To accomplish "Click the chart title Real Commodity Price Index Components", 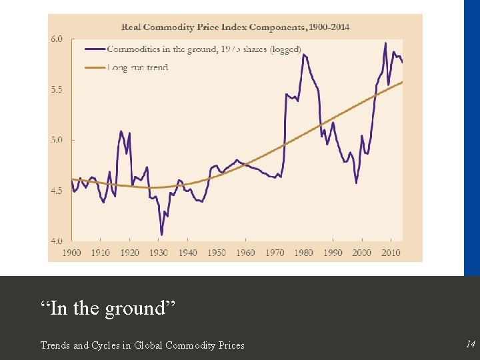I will click(x=235, y=27).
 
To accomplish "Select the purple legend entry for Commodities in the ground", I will click(x=194, y=49).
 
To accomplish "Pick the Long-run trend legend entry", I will click(x=127, y=67).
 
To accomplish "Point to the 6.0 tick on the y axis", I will click(x=57, y=39).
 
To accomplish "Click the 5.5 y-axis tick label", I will click(x=57, y=89).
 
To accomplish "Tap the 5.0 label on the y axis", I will click(x=57, y=140).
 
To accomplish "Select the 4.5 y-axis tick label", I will click(x=57, y=191).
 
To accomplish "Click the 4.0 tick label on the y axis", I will click(x=57, y=241).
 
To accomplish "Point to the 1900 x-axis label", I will click(x=71, y=253).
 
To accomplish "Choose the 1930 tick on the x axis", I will click(x=159, y=253).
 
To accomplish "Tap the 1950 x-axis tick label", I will click(x=217, y=253).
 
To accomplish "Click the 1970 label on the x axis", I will click(x=275, y=253).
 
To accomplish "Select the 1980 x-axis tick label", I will click(x=303, y=253).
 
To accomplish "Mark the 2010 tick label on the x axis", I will click(x=391, y=253).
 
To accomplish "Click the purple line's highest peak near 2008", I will click(x=385, y=43).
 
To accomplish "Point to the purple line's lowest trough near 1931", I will click(x=161, y=235).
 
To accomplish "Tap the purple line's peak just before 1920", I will click(x=121, y=131).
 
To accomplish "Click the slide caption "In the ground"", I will click(x=107, y=308).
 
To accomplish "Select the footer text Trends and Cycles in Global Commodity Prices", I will click(x=142, y=345).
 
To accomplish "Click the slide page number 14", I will click(x=470, y=345).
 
